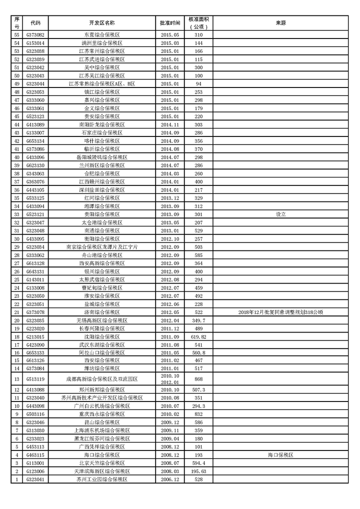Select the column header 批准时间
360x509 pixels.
pyautogui.click(x=169, y=23)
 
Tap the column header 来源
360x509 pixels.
pyautogui.click(x=280, y=23)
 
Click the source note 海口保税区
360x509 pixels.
pyautogui.click(x=280, y=455)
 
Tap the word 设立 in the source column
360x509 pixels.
pyautogui.click(x=280, y=214)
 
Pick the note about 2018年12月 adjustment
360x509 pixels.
pyautogui.click(x=280, y=312)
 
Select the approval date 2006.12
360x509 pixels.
pyautogui.click(x=169, y=479)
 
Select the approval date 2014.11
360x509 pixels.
pyautogui.click(x=169, y=124)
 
